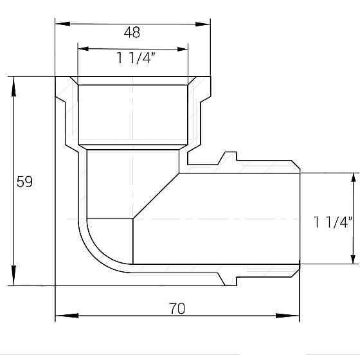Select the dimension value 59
click(x=24, y=182)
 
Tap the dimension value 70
click(x=177, y=309)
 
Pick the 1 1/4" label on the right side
click(x=334, y=223)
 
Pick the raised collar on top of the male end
click(x=228, y=157)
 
